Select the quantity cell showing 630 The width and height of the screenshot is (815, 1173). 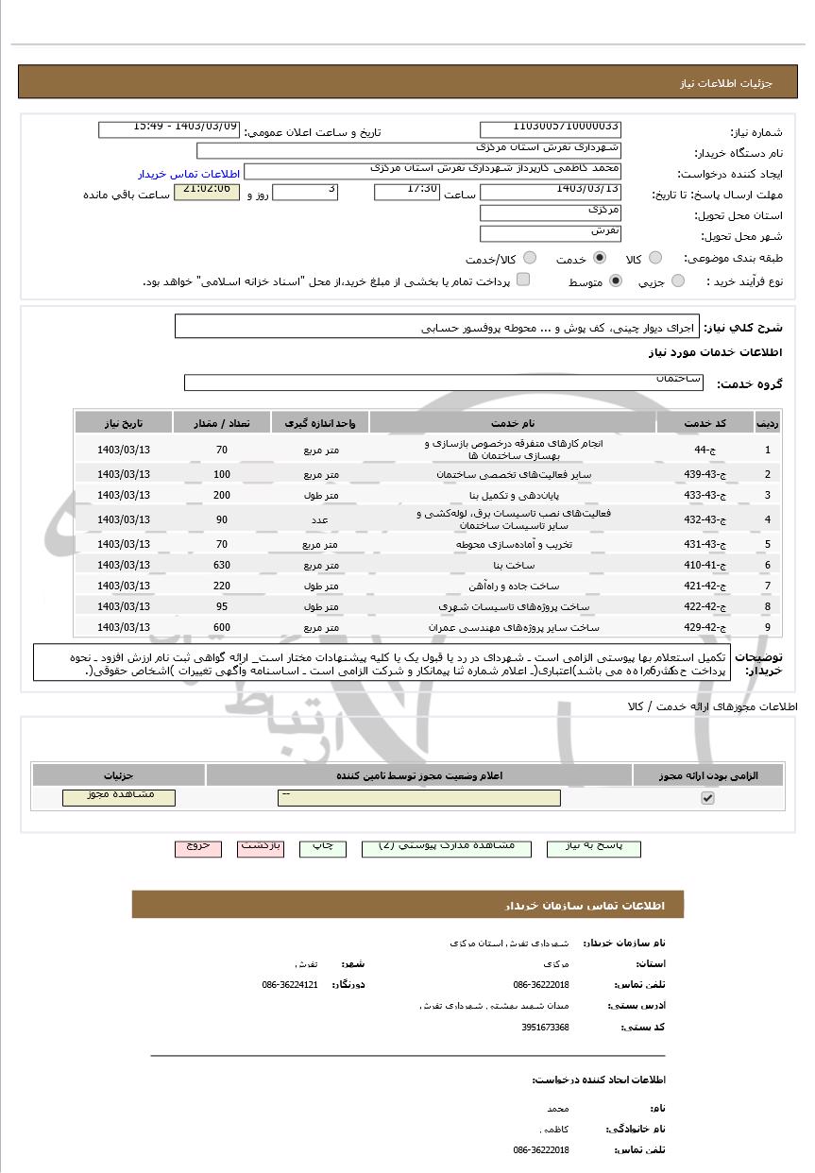[222, 565]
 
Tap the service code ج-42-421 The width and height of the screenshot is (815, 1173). [704, 586]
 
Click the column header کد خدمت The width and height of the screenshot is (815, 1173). [705, 422]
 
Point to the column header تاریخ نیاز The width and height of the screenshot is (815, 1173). [123, 422]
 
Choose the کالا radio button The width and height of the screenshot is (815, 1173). [655, 259]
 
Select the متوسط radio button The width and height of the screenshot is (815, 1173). [617, 281]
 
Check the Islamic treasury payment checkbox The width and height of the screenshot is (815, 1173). [523, 280]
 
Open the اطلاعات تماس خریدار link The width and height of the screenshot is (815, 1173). [190, 175]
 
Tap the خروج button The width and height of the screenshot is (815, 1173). [198, 848]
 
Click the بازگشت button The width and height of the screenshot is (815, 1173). [261, 848]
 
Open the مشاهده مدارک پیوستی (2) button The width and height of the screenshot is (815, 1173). [447, 848]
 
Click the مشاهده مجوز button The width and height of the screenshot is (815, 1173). [119, 797]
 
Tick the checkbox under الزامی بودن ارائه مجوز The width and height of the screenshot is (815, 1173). [707, 798]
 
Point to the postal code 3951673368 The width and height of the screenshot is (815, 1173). [545, 1027]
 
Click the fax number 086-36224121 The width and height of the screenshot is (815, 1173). [290, 984]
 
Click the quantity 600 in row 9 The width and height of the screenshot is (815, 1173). [222, 627]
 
